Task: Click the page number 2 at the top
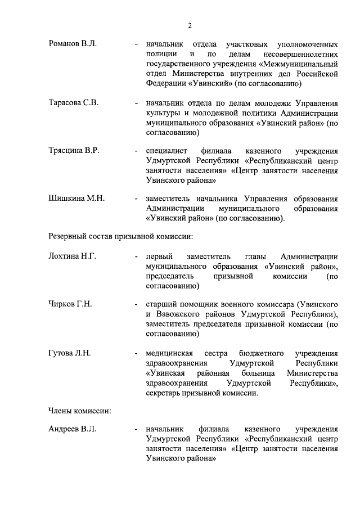click(x=190, y=25)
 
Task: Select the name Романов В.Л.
click(x=73, y=43)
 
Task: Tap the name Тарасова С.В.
click(x=73, y=103)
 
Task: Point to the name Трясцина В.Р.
click(x=74, y=151)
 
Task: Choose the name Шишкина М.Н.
click(x=76, y=199)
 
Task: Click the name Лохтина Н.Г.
click(x=73, y=256)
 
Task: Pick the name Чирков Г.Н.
click(x=70, y=304)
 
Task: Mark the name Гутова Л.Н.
click(x=70, y=353)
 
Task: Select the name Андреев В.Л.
click(x=73, y=429)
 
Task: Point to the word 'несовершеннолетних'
click(x=300, y=54)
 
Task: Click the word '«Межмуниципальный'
click(x=298, y=64)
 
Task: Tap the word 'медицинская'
click(x=169, y=353)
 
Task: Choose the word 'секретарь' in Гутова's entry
click(x=164, y=394)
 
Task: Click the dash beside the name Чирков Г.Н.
click(x=137, y=304)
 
